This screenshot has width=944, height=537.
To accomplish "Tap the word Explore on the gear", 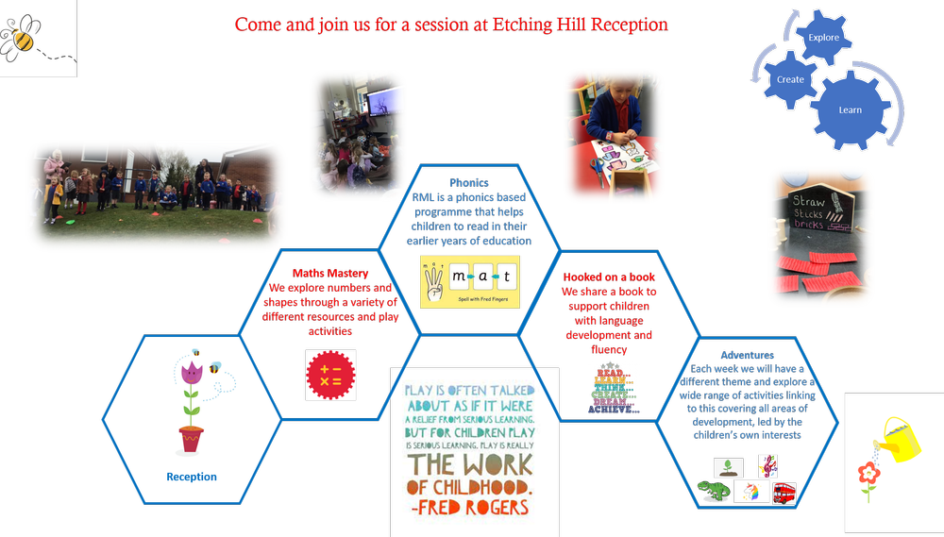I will click(x=823, y=37).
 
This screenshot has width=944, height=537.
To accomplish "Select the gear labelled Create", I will click(x=790, y=79).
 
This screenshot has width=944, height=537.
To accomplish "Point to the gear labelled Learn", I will click(x=850, y=109).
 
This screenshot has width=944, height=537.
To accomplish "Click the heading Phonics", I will click(x=469, y=183).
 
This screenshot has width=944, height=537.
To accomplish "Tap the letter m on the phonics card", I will click(x=461, y=277).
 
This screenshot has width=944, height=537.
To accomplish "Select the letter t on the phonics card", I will click(x=507, y=277).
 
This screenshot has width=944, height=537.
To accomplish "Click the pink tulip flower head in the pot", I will click(x=192, y=372).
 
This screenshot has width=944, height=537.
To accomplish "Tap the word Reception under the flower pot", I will click(x=192, y=477).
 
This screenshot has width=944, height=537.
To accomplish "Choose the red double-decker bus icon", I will click(x=784, y=493).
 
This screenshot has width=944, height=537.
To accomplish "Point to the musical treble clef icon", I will click(x=769, y=466).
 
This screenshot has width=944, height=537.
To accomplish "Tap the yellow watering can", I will click(x=898, y=438).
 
